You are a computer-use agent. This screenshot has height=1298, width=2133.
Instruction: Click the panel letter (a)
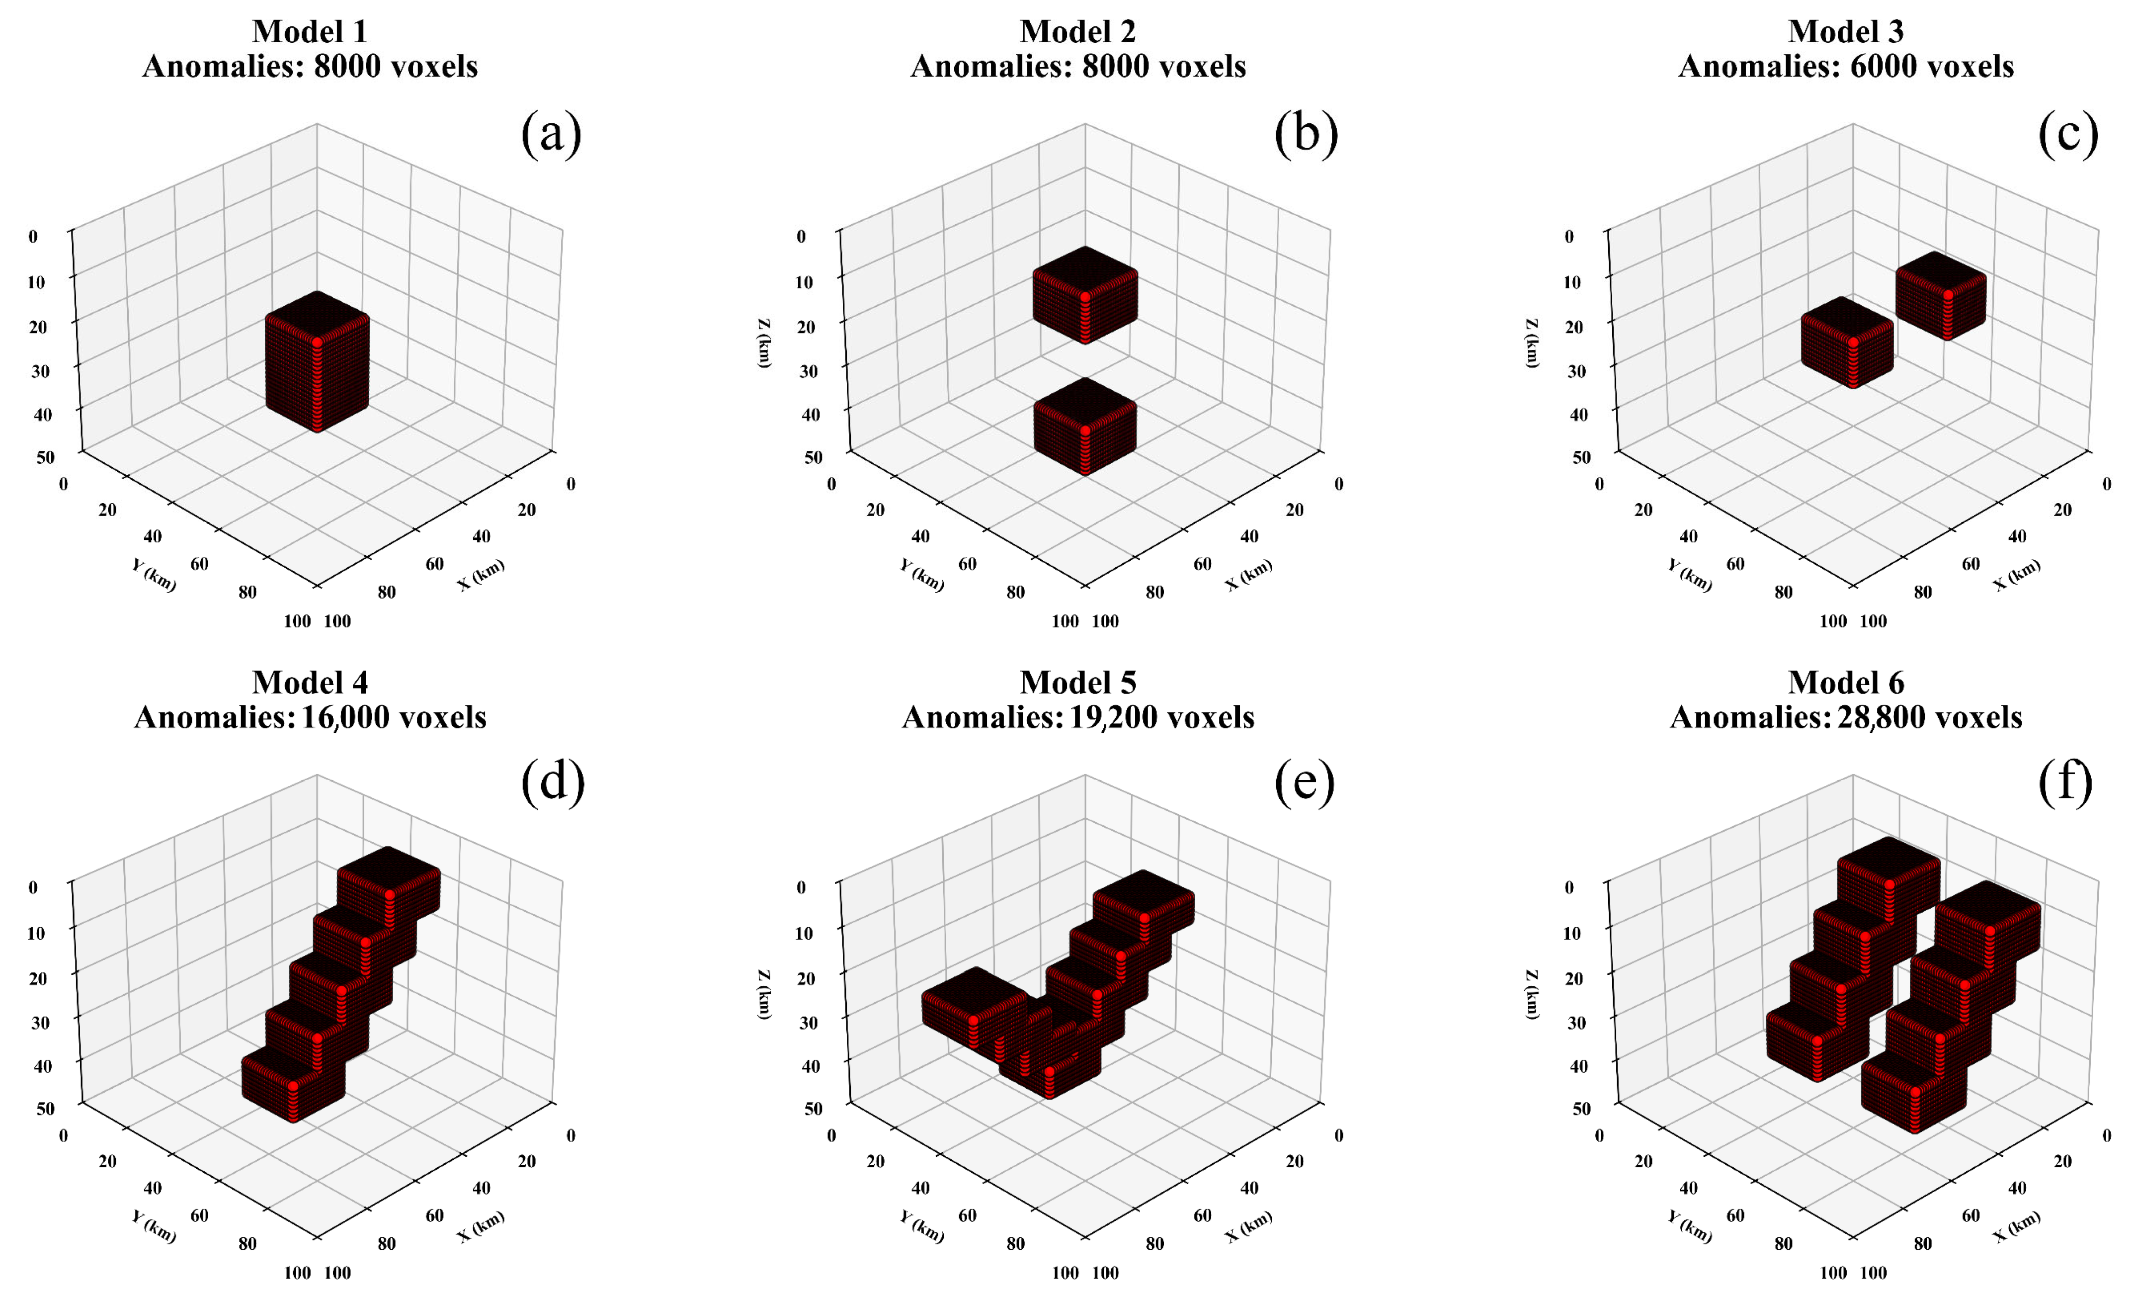[x=552, y=134]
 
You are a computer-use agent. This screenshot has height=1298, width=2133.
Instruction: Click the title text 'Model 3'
[x=1846, y=31]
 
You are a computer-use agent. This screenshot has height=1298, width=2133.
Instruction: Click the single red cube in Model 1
[x=317, y=364]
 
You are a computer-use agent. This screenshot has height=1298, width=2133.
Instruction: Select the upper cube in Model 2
[x=1085, y=294]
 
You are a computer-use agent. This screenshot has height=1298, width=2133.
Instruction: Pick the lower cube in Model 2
[x=1085, y=426]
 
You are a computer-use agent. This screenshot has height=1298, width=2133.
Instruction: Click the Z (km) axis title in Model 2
[x=763, y=343]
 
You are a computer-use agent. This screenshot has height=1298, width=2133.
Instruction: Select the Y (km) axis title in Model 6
[x=1689, y=1227]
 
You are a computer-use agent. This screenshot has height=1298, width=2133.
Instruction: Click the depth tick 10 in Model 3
[x=1572, y=281]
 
